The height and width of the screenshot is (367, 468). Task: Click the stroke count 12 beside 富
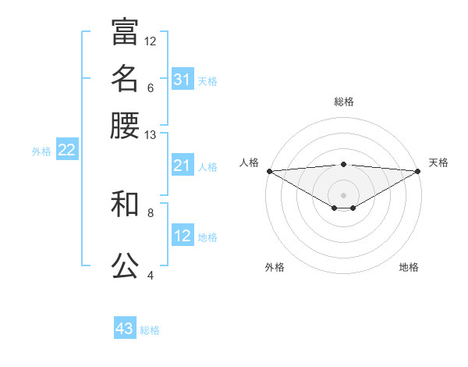point(151,41)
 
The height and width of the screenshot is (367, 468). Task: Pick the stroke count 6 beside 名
point(151,87)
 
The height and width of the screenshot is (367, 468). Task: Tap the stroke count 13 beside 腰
point(151,135)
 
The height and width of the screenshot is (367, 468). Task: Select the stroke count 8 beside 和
point(151,212)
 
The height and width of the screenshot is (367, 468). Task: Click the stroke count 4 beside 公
point(151,275)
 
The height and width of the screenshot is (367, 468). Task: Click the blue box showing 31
point(183,80)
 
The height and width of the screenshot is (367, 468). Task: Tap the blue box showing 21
point(183,166)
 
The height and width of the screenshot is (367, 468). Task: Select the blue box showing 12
point(183,236)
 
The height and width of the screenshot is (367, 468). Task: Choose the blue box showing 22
point(66,151)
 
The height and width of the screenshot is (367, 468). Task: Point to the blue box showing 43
point(125,329)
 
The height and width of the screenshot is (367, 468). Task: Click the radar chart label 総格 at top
point(343,102)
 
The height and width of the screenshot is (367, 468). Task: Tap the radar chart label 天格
point(438,162)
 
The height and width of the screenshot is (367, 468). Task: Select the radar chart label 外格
point(275,267)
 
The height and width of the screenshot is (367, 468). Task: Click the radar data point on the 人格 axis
point(269,171)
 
